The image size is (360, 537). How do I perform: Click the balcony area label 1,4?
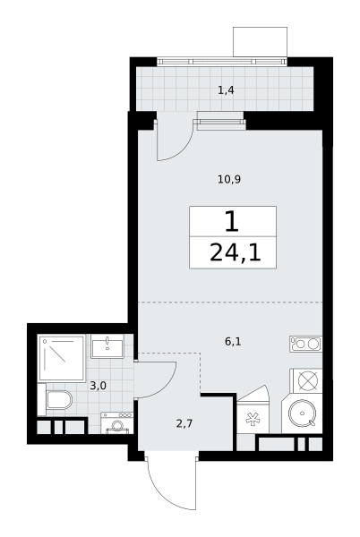pyautogui.click(x=226, y=90)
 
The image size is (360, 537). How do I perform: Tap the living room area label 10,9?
pyautogui.click(x=229, y=179)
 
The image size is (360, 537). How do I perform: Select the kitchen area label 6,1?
pyautogui.click(x=233, y=342)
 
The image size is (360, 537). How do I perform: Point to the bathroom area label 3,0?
pyautogui.click(x=98, y=386)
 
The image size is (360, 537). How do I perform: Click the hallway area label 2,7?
pyautogui.click(x=184, y=424)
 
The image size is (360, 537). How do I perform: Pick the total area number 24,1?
pyautogui.click(x=235, y=252)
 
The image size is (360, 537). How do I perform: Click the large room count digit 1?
pyautogui.click(x=232, y=222)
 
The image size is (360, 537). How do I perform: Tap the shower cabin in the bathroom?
pyautogui.click(x=62, y=358)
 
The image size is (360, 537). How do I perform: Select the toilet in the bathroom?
pyautogui.click(x=59, y=400)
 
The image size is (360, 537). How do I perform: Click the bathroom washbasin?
pyautogui.click(x=107, y=346)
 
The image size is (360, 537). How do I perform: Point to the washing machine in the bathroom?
pyautogui.click(x=116, y=423)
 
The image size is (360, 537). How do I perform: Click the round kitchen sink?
pyautogui.click(x=302, y=413)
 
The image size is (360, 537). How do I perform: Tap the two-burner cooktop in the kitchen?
pyautogui.click(x=306, y=344)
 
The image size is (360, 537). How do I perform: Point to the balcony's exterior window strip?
pyautogui.click(x=221, y=61)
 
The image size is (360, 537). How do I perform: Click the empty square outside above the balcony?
pyautogui.click(x=260, y=42)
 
